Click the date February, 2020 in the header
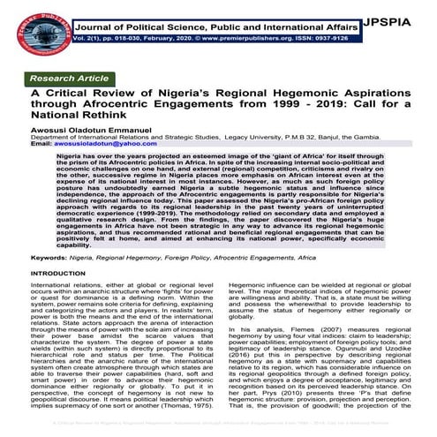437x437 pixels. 174,41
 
